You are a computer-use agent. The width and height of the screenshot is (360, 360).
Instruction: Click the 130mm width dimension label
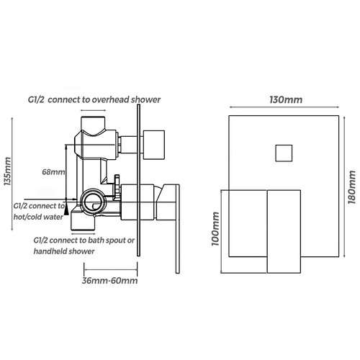pyautogui.click(x=286, y=99)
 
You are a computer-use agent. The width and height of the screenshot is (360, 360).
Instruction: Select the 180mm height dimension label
pyautogui.click(x=352, y=187)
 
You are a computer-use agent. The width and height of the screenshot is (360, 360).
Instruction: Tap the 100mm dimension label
pyautogui.click(x=215, y=229)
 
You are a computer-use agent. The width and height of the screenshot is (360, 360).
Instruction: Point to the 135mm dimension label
pyautogui.click(x=8, y=171)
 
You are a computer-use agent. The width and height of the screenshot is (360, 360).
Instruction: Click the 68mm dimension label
pyautogui.click(x=53, y=172)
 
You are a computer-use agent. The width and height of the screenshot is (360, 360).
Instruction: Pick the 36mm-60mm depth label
pyautogui.click(x=109, y=281)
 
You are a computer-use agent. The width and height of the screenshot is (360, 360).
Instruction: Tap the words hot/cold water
pyautogui.click(x=38, y=217)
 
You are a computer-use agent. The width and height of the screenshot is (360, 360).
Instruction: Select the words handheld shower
pyautogui.click(x=64, y=251)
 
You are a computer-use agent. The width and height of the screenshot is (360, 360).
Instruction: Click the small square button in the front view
pyautogui.click(x=284, y=153)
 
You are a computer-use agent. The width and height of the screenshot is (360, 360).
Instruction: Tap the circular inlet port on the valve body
pyautogui.click(x=92, y=201)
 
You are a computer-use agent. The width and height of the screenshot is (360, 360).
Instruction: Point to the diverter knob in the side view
pyautogui.click(x=154, y=145)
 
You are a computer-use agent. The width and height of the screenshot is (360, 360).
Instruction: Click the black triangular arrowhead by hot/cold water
pyautogui.click(x=66, y=210)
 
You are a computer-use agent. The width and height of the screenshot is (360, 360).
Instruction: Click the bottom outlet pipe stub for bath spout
pyautogui.click(x=83, y=222)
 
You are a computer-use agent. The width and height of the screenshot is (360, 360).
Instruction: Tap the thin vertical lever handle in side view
pyautogui.click(x=178, y=229)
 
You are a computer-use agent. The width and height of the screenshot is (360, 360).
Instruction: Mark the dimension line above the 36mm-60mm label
pyautogui.click(x=111, y=269)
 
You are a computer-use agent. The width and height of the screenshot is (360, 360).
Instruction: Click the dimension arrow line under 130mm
pyautogui.click(x=284, y=107)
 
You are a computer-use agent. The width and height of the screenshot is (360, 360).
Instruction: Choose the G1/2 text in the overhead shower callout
pyautogui.click(x=36, y=99)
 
